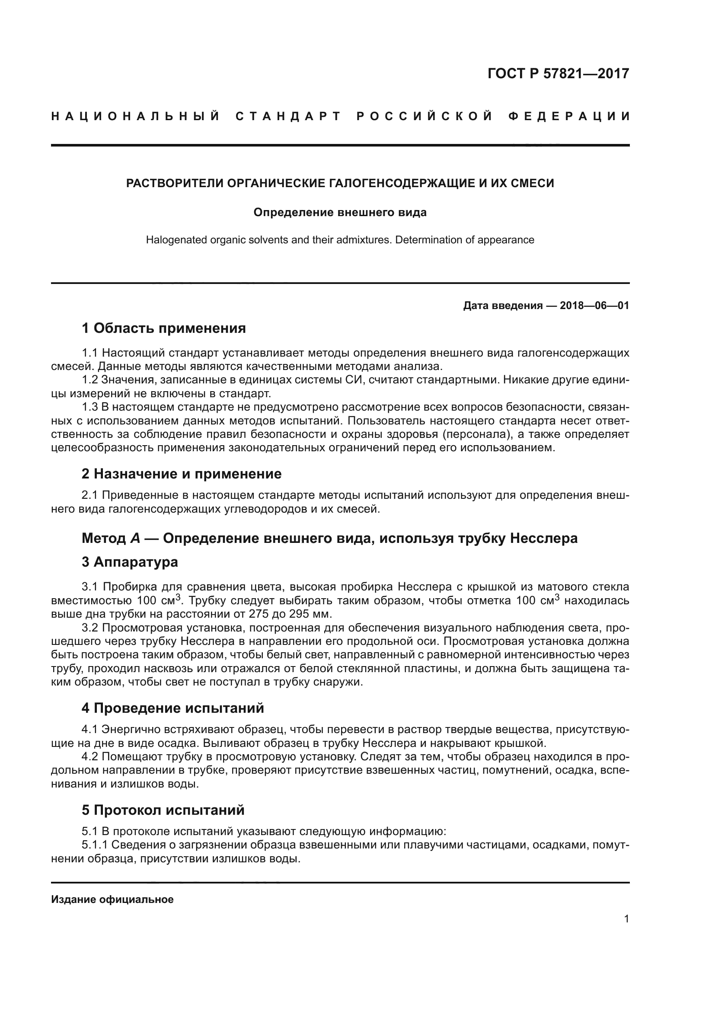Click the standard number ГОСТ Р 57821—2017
[x=558, y=73]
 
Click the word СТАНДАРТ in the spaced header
[x=288, y=116]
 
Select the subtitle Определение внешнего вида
[x=340, y=213]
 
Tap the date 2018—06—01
[x=594, y=306]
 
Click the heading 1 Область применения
[x=164, y=328]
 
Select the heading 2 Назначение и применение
[x=182, y=474]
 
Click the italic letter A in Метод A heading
[x=135, y=538]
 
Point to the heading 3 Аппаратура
[x=130, y=562]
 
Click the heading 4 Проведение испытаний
[x=172, y=708]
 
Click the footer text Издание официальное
[x=112, y=899]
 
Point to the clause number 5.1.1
[x=95, y=845]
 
